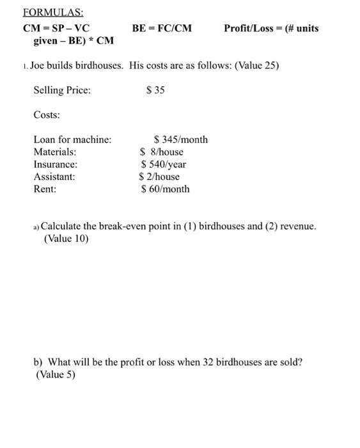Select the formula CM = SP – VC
pos(56,28)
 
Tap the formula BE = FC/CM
pos(162,28)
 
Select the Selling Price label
pos(62,90)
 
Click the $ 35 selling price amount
pos(155,90)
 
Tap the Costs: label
pos(47,115)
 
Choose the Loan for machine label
pos(72,140)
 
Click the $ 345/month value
pos(181,140)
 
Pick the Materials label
pos(55,152)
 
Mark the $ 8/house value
pos(162,152)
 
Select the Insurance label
pos(55,164)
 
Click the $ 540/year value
pos(164,164)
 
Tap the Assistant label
pos(54,177)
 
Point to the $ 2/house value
pos(160,177)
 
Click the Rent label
pos(45,189)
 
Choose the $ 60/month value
pos(165,189)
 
